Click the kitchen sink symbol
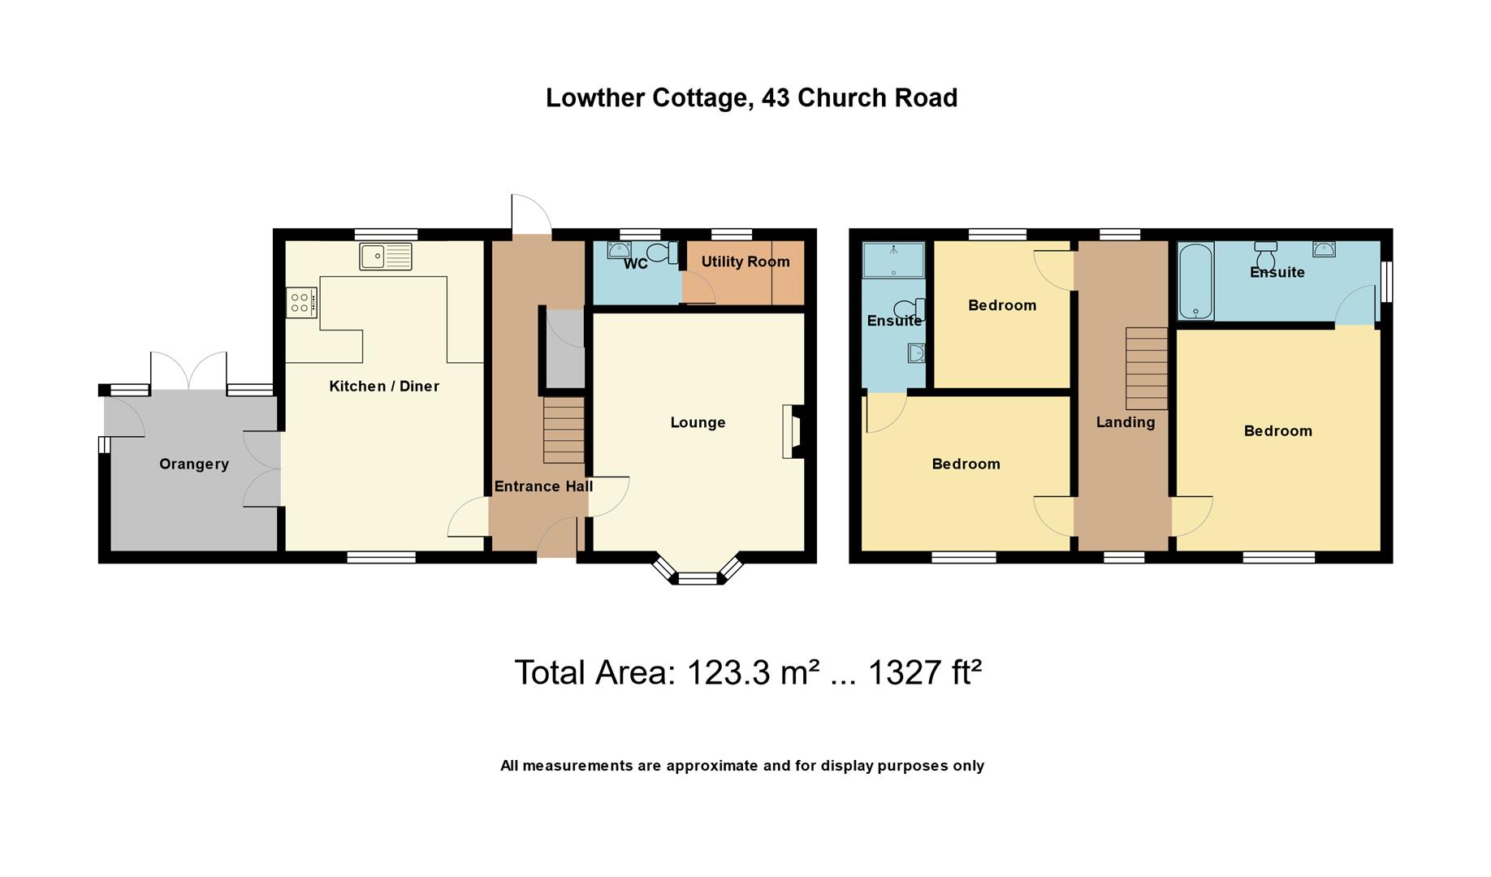coord(386,257)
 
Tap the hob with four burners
coord(300,303)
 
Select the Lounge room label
coord(698,422)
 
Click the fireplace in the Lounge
coord(791,431)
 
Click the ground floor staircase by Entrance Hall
coord(564,430)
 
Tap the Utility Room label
coord(745,261)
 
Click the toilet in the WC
coord(663,253)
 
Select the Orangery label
coord(193,464)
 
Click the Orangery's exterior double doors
coord(188,373)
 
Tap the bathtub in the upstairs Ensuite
coord(1195,281)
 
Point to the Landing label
coord(1125,421)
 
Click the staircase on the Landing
coord(1146,368)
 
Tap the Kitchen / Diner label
coord(383,386)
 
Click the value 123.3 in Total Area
coord(728,672)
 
